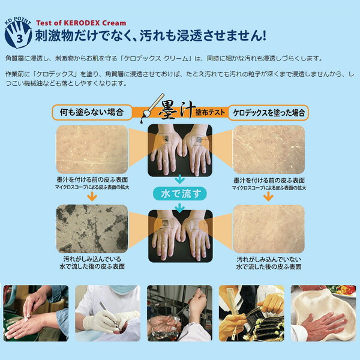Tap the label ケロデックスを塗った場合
pyautogui.click(x=269, y=112)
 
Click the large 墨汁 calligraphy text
pyautogui.click(x=175, y=112)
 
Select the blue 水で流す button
pyautogui.click(x=179, y=194)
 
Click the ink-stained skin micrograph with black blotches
pyautogui.click(x=91, y=229)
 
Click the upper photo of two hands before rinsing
pyautogui.click(x=179, y=150)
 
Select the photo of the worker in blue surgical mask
pyautogui.click(x=108, y=312)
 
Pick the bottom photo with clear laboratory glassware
pyautogui.click(x=179, y=312)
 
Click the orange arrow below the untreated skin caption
pyautogui.click(x=91, y=196)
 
